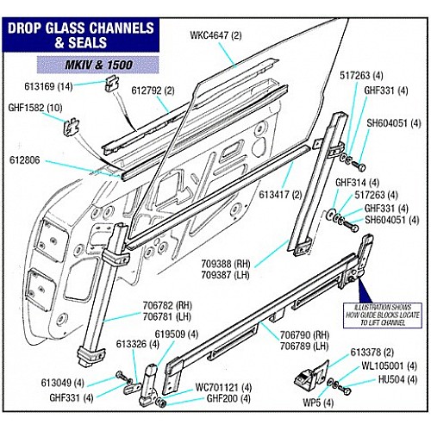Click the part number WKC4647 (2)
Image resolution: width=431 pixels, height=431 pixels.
[x=215, y=36]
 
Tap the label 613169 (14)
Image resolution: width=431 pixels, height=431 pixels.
[x=48, y=86]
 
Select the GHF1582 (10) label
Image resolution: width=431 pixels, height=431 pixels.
[x=35, y=108]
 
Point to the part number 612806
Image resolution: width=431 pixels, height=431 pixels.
[x=25, y=160]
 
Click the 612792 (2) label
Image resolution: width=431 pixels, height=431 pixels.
[x=153, y=91]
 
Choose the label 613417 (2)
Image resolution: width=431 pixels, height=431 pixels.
[x=280, y=195]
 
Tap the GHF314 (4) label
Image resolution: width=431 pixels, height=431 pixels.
[x=358, y=183]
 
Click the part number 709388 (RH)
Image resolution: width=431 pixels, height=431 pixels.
[x=226, y=264]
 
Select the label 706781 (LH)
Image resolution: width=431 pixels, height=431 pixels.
[x=167, y=316]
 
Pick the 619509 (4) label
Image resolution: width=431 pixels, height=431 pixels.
[x=177, y=334]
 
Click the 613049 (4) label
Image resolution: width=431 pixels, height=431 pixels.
[x=63, y=383]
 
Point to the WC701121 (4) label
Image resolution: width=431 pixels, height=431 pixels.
[x=223, y=387]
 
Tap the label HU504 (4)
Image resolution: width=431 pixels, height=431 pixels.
[x=397, y=379]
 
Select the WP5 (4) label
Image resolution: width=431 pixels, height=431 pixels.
[x=318, y=403]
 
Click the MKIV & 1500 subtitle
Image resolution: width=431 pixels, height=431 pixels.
[x=98, y=65]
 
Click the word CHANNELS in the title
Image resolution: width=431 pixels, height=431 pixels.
[x=122, y=28]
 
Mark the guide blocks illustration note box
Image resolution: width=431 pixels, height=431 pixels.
[x=383, y=315]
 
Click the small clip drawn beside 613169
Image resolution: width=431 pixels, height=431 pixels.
[x=112, y=84]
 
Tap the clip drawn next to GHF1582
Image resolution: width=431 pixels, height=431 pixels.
[x=71, y=127]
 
